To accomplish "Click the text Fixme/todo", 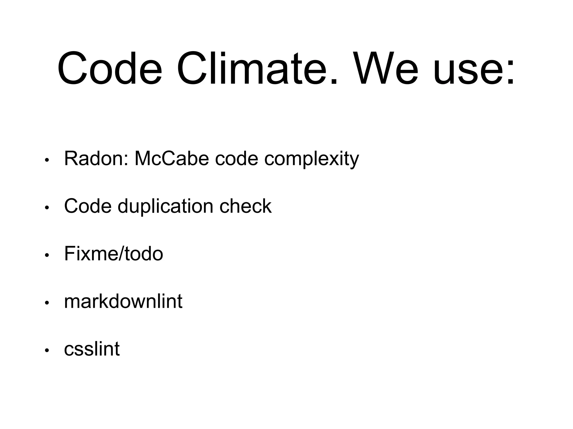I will [x=113, y=254].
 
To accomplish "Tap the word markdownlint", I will [x=123, y=301].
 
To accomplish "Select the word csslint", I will [x=92, y=349].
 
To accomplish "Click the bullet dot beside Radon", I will [x=47, y=160].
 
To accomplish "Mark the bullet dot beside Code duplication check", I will [x=47, y=208].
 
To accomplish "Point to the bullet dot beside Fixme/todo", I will [x=47, y=255].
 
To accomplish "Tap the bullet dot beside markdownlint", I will [x=47, y=303].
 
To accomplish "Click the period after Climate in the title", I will [x=334, y=81].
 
